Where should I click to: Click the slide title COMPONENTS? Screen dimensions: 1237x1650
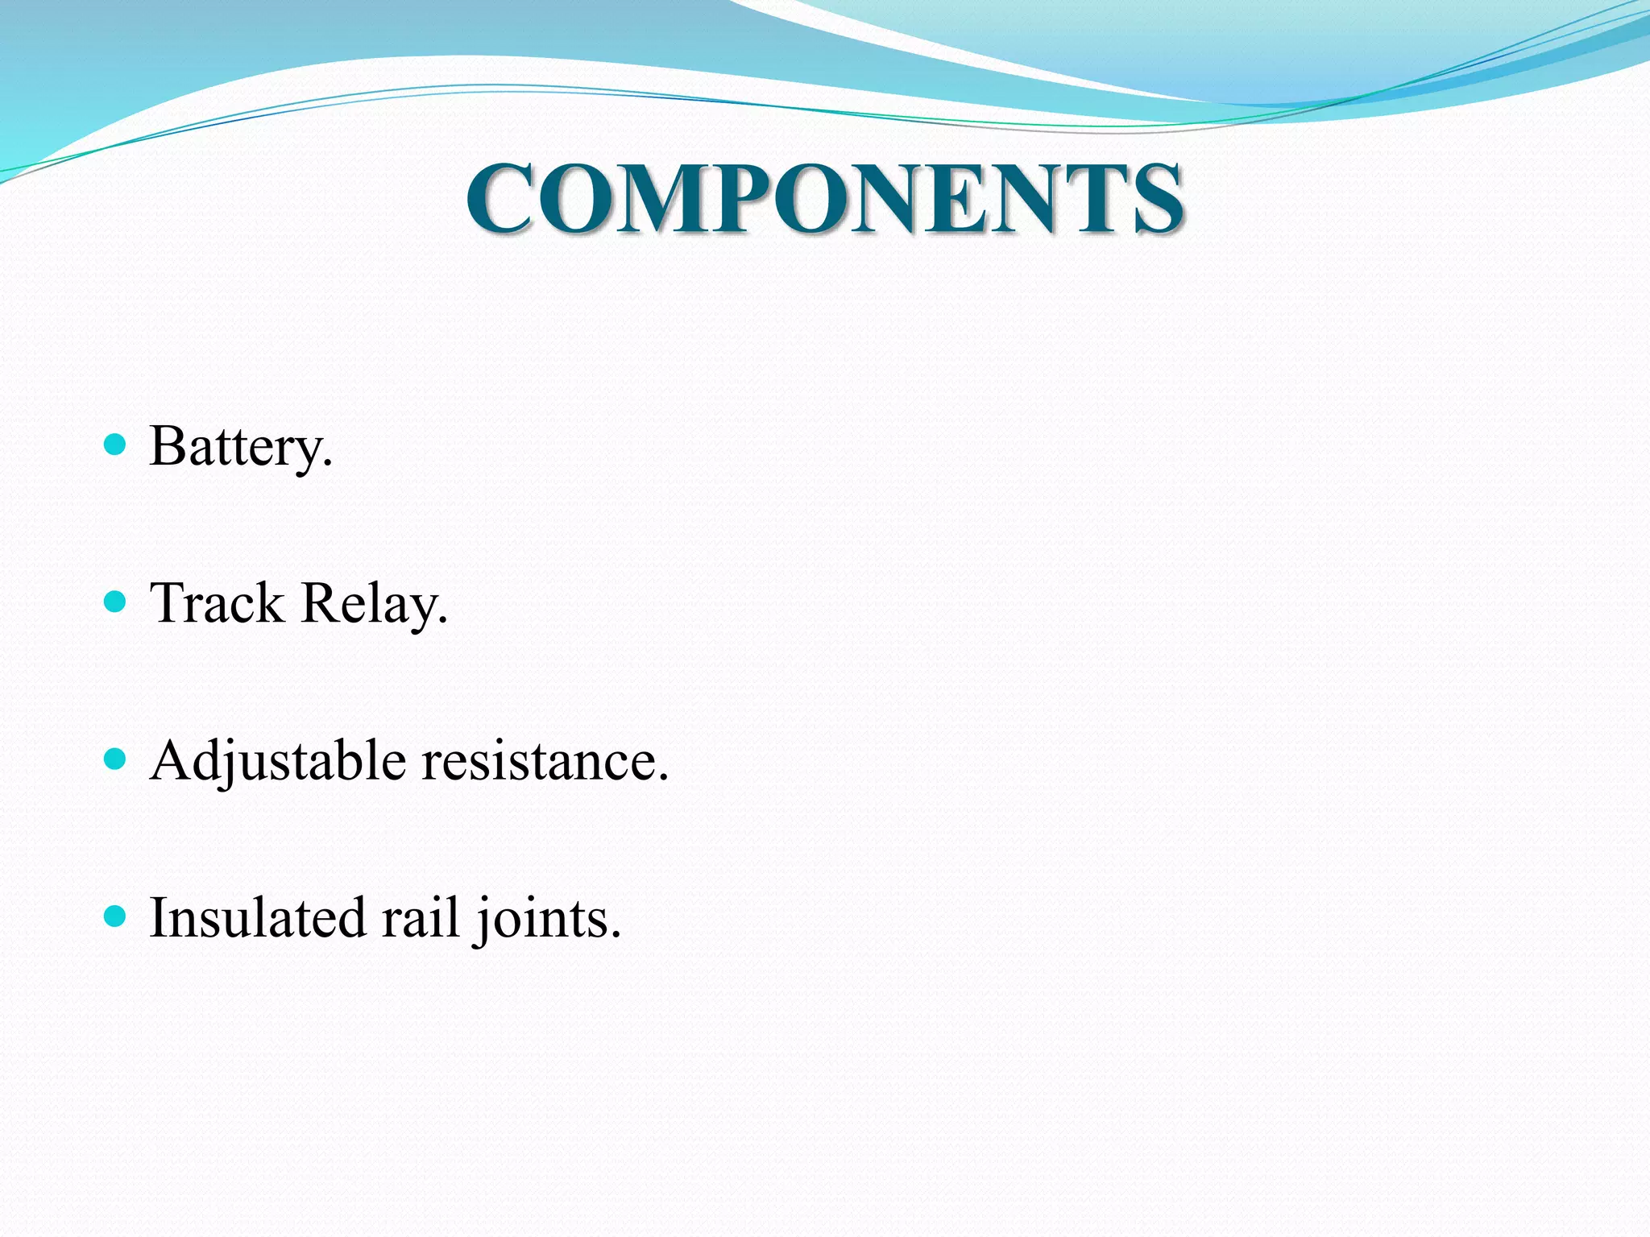(x=825, y=198)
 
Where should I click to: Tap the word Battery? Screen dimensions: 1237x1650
(x=240, y=447)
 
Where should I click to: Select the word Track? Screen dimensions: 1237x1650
(x=218, y=603)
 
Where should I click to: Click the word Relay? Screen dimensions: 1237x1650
(x=374, y=605)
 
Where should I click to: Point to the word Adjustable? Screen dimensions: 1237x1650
(x=278, y=761)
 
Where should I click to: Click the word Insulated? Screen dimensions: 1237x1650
(x=258, y=917)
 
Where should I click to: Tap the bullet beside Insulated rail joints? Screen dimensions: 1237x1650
(x=116, y=916)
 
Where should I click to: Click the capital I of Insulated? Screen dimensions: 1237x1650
(x=159, y=917)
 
